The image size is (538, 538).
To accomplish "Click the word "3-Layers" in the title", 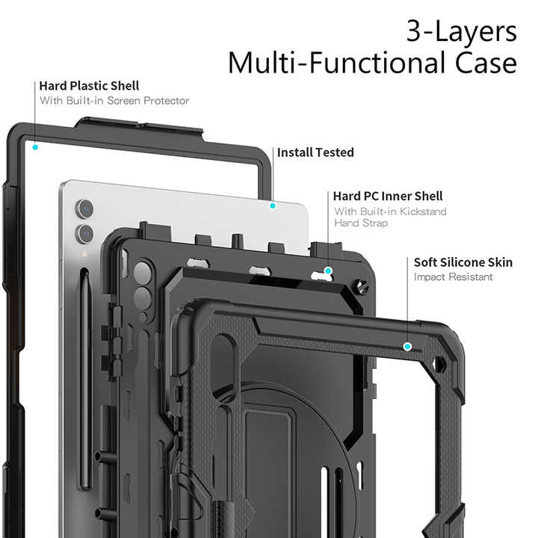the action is pos(461,31).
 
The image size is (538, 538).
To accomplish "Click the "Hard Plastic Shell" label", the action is pos(89,86).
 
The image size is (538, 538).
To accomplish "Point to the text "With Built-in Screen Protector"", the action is pos(114,101).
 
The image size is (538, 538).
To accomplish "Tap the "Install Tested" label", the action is pos(315,152).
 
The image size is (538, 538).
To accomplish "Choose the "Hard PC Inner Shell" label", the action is pos(388,197).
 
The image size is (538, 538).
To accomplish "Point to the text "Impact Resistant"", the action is pos(454,277).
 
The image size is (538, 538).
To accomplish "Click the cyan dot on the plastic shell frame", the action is pos(35,147).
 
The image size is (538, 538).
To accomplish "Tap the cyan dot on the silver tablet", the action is pos(273,205).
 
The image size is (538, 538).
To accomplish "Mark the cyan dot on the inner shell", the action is pos(328,270).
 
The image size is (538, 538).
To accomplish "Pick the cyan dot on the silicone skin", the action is pos(407,346).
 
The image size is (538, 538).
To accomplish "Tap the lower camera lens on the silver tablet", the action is pos(84,234).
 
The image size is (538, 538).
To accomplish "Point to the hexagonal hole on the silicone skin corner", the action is pos(441,368).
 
